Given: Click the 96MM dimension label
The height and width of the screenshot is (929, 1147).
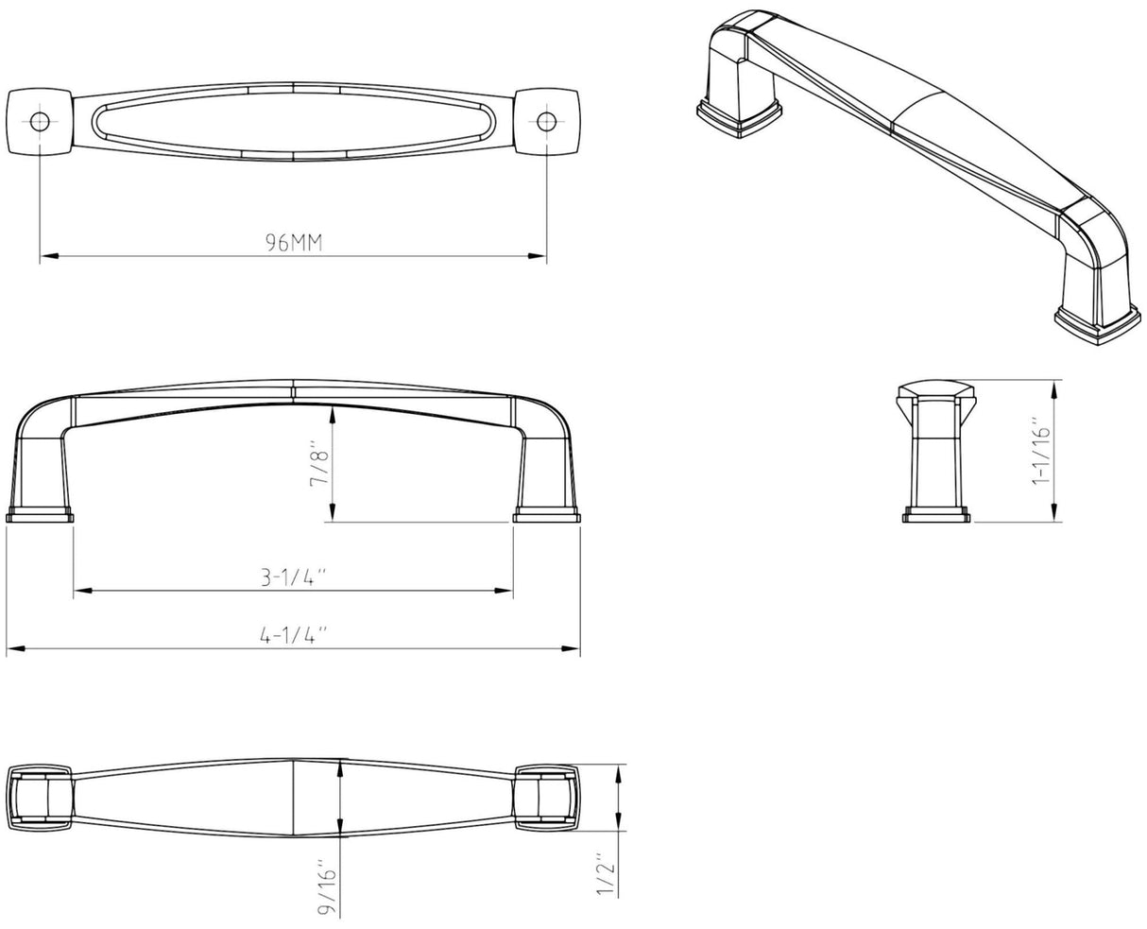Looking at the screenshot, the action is (294, 243).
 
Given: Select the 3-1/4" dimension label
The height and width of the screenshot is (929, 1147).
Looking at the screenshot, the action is (294, 577).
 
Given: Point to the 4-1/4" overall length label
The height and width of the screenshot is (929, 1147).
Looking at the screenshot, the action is (294, 635).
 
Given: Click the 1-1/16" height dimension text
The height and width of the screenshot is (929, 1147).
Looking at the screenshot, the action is (1041, 450).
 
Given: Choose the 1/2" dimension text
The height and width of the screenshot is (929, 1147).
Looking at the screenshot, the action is (606, 881).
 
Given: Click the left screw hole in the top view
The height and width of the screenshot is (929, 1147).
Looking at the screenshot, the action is (40, 122).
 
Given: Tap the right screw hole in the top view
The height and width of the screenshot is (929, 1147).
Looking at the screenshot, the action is (547, 122).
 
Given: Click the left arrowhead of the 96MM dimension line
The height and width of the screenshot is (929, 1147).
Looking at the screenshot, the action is (48, 256).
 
